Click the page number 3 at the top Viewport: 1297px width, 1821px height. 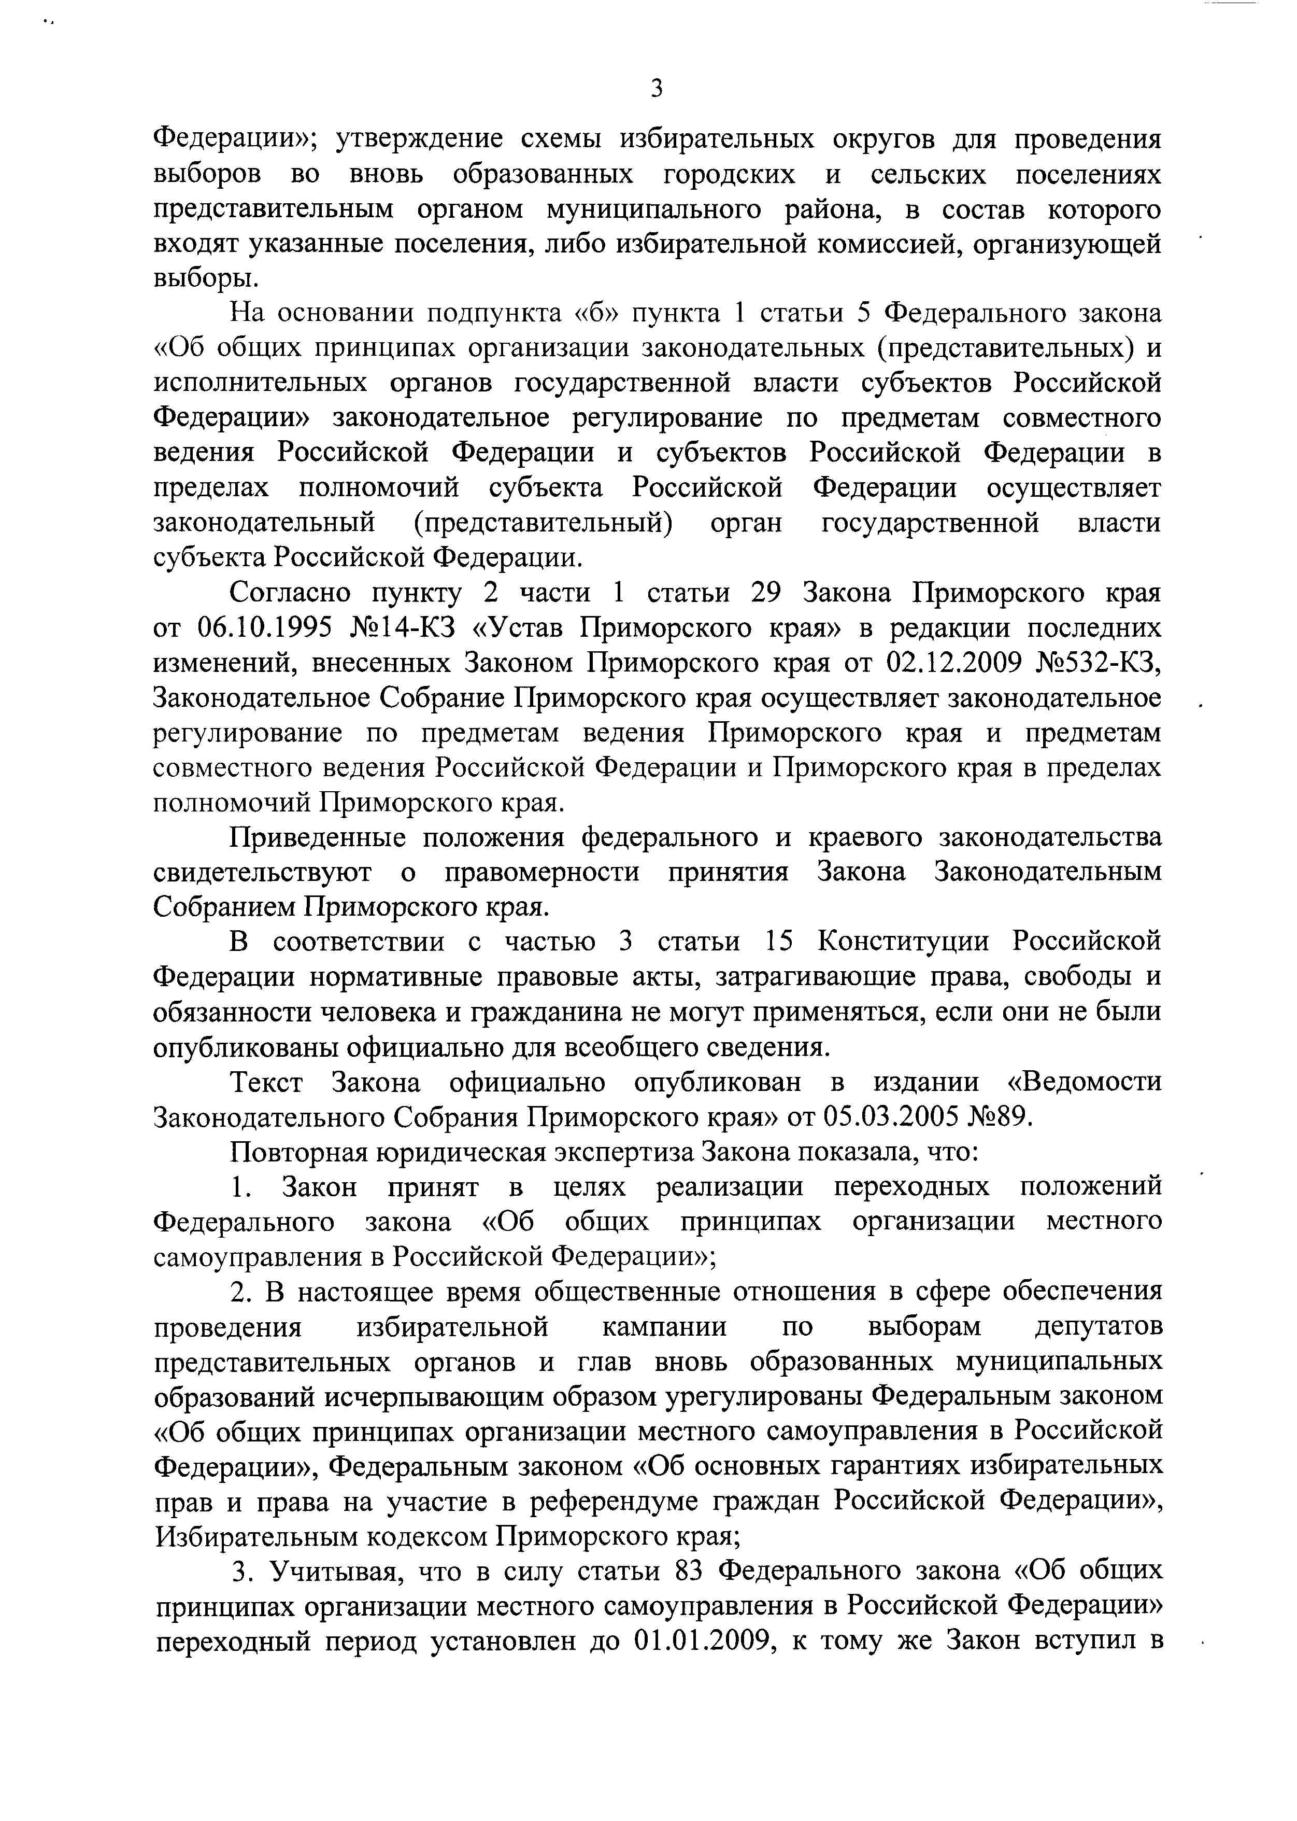655,89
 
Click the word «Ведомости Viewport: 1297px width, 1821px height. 1081,1082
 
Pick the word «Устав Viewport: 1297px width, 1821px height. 518,628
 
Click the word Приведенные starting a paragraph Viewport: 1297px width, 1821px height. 318,837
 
